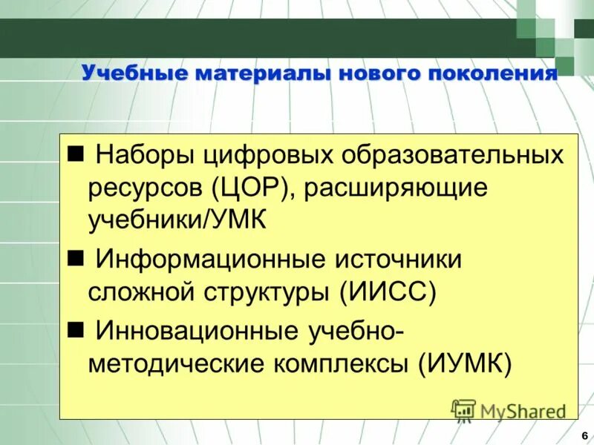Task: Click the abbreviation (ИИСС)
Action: pos(388,289)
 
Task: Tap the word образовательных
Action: pos(453,156)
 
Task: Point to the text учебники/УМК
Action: pos(177,220)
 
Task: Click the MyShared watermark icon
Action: pos(463,409)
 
